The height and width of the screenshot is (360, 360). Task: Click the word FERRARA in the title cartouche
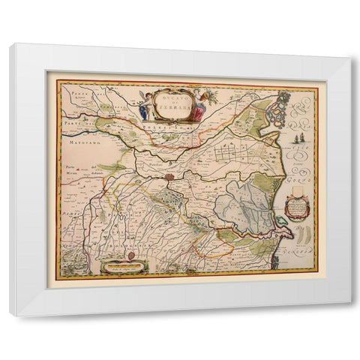click(172, 109)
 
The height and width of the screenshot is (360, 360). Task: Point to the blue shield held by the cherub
click(143, 112)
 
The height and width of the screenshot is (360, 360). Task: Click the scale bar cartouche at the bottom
click(123, 265)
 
